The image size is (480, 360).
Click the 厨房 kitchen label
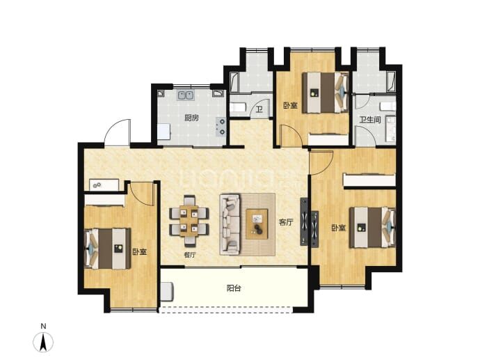191,118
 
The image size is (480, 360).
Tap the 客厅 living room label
286,222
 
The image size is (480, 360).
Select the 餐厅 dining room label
190,255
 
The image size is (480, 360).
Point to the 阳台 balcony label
234,288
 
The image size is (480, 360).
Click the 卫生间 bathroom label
370,120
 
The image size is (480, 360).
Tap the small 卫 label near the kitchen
259,110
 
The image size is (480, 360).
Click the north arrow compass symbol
43,342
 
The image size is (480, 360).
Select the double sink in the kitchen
185,95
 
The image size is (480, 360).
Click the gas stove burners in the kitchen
221,127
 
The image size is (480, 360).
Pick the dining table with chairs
189,221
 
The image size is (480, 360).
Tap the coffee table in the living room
257,224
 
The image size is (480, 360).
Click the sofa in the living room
230,224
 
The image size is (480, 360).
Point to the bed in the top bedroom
326,93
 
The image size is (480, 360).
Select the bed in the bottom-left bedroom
107,249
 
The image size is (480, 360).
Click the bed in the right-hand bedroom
373,227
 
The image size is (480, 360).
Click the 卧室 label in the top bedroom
290,106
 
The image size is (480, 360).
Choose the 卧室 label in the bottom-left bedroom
140,252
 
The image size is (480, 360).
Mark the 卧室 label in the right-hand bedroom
339,228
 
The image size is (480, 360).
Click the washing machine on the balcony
167,292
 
